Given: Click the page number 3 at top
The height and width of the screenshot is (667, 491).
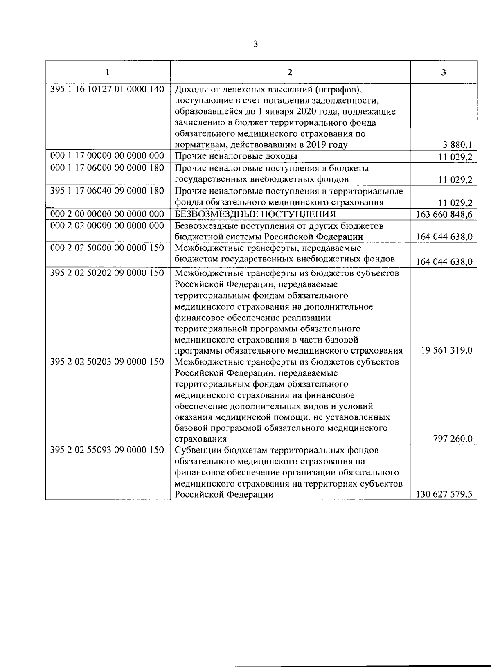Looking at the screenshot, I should [255, 44].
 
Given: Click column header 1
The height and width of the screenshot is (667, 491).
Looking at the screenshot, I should [107, 73].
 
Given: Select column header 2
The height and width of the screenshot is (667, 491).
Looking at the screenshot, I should [290, 73].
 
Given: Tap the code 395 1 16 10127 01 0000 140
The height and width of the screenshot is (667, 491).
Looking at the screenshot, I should [107, 89].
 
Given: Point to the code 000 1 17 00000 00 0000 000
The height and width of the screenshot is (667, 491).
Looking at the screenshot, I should [107, 155].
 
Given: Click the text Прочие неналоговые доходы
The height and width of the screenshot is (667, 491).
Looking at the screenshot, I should [236, 156].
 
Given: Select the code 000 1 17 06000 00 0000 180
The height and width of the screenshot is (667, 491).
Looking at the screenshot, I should [107, 167].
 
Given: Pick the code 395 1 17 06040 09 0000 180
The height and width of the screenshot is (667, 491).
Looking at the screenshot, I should [107, 190].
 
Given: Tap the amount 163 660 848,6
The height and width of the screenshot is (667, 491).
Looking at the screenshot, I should [444, 214].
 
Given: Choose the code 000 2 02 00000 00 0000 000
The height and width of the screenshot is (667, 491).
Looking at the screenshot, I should [107, 225].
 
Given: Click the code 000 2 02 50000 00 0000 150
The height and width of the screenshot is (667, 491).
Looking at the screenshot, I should [107, 248].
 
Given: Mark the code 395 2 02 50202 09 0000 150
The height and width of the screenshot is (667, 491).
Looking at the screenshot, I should [107, 273].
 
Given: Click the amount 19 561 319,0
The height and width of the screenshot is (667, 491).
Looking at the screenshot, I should [446, 350].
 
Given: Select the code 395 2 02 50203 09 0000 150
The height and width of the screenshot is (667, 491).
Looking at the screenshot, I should [107, 362].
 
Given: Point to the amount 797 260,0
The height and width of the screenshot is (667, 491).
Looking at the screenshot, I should [453, 439].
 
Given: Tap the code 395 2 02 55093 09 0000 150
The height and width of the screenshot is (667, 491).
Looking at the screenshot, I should [107, 450].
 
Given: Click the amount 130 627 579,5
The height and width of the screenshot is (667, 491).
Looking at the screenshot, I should [444, 494].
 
